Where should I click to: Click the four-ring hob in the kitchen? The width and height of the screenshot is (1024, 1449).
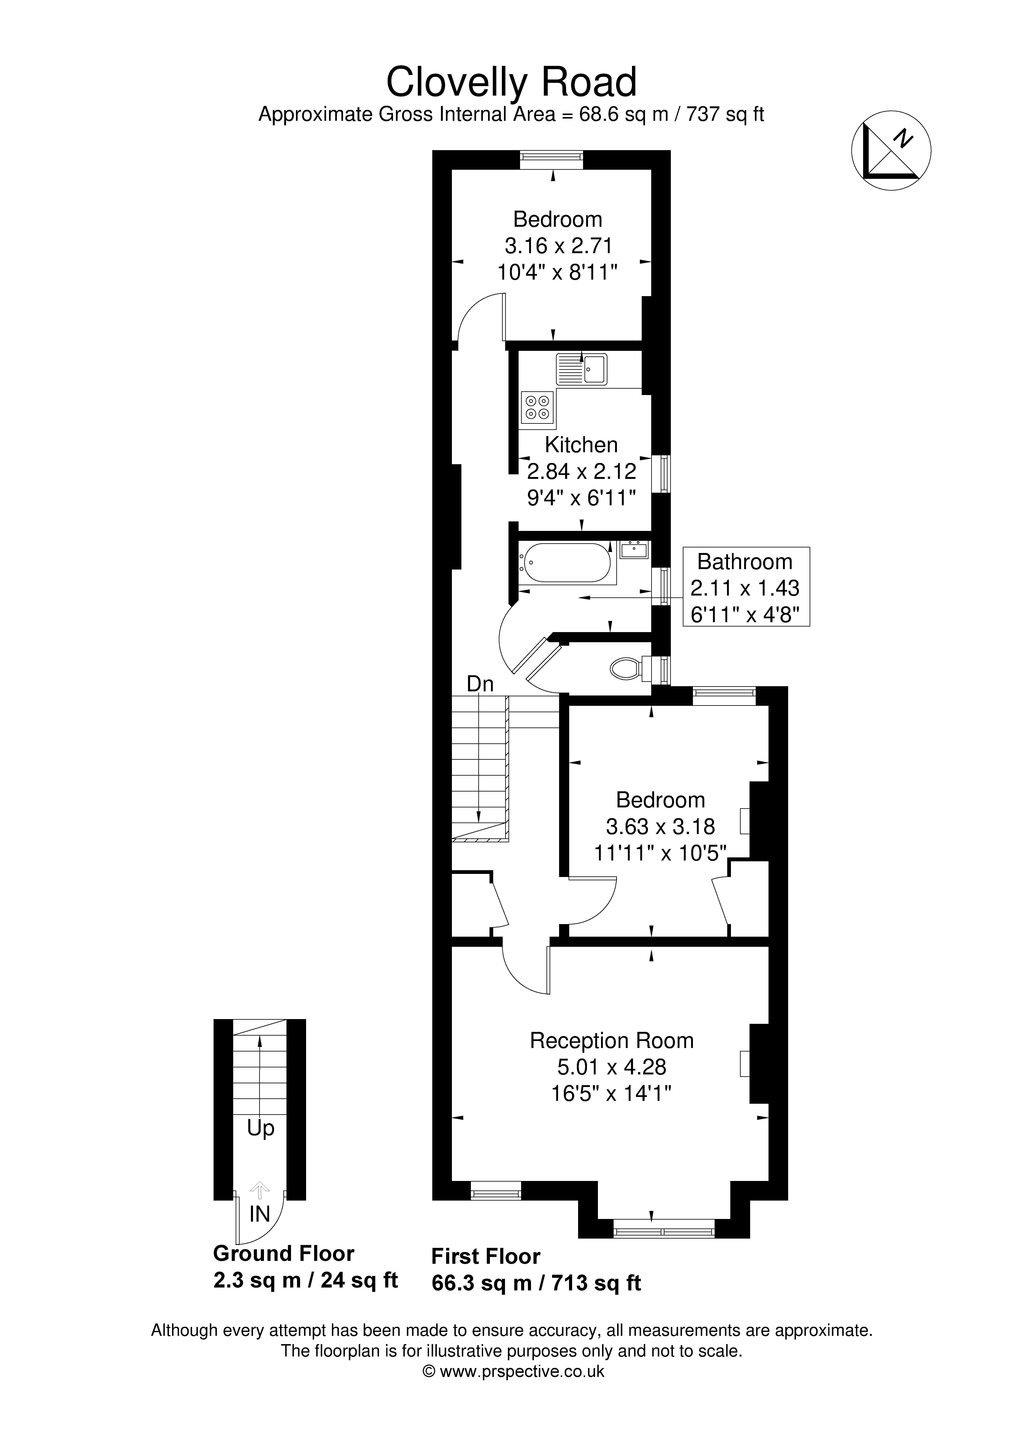[537, 407]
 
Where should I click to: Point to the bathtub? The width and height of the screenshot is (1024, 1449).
[565, 563]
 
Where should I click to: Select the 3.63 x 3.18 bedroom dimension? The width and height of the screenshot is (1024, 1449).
[660, 826]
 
